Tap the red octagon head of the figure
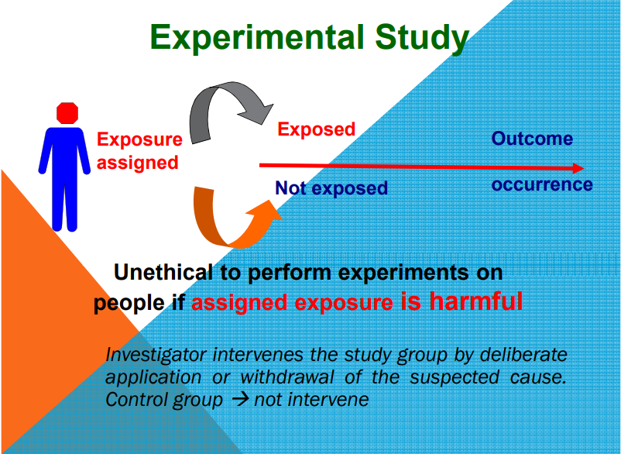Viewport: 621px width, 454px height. coord(67,112)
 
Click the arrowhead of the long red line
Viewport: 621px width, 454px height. coord(576,168)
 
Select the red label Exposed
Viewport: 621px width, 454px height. coord(316,129)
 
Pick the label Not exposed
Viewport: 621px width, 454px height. coord(331,188)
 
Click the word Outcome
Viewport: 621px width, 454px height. coord(533,139)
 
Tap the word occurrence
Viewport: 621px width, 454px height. coord(542,185)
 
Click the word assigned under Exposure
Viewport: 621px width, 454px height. coord(138,163)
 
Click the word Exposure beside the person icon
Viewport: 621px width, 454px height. coord(139,140)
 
